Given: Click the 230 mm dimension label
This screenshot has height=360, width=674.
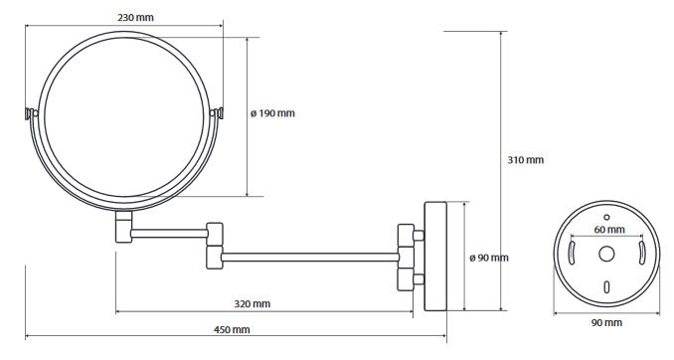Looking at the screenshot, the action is pos(135,18).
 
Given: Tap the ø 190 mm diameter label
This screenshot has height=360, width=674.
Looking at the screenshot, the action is pos(273,113).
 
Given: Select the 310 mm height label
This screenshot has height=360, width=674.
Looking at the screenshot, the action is pos(525,160).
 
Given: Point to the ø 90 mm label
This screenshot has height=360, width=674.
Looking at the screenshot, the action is pos(489,258).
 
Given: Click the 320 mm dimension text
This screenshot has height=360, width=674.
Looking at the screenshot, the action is pos(253,304).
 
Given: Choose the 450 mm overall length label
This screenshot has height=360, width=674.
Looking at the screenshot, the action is pos(232,330).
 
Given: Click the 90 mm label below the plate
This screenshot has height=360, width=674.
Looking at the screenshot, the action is pos(606,322).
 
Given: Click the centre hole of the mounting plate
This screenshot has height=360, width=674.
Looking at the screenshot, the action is pos(606,254).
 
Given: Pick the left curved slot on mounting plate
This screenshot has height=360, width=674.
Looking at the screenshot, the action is pos(572,253).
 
